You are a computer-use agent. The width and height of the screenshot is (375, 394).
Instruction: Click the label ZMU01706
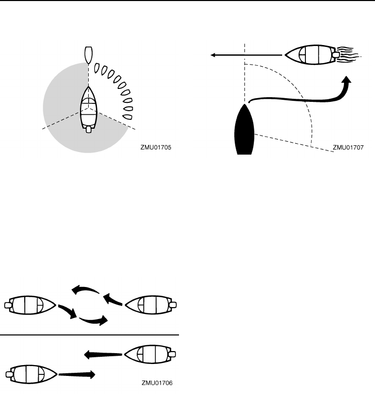pos(157,384)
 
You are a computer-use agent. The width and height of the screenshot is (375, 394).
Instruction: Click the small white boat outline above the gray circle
pos(88,54)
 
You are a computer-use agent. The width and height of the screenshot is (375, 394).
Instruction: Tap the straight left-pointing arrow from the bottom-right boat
pos(103,354)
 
